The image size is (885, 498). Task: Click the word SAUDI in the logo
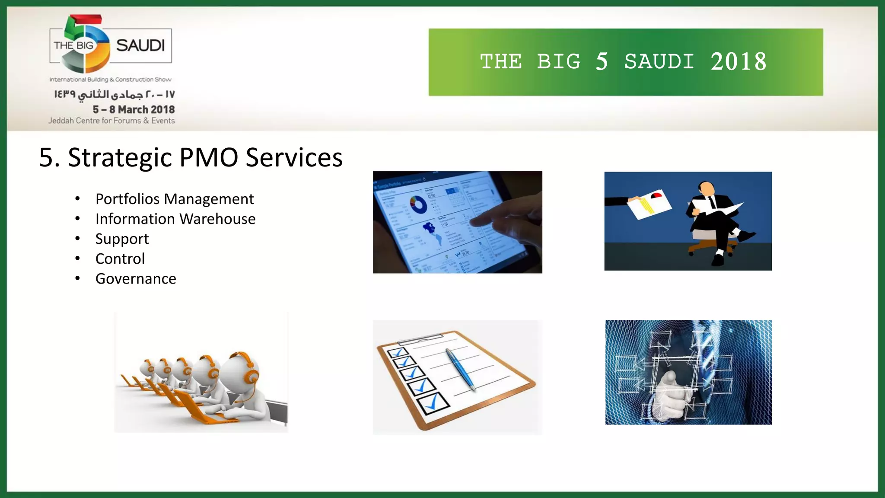click(x=140, y=45)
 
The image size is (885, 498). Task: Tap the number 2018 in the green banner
click(x=739, y=62)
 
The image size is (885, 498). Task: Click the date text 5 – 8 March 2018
click(x=134, y=109)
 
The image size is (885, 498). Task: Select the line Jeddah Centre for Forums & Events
click(x=111, y=121)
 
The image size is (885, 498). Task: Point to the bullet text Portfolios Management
click(x=175, y=199)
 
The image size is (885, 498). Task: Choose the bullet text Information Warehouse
click(x=175, y=219)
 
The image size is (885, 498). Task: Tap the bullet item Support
click(x=122, y=239)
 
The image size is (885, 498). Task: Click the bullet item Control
click(x=120, y=259)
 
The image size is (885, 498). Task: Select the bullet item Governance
click(x=136, y=279)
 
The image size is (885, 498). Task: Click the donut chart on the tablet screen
click(x=418, y=204)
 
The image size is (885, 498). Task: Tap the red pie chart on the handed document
click(x=656, y=195)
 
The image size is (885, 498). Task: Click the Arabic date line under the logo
click(x=115, y=94)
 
